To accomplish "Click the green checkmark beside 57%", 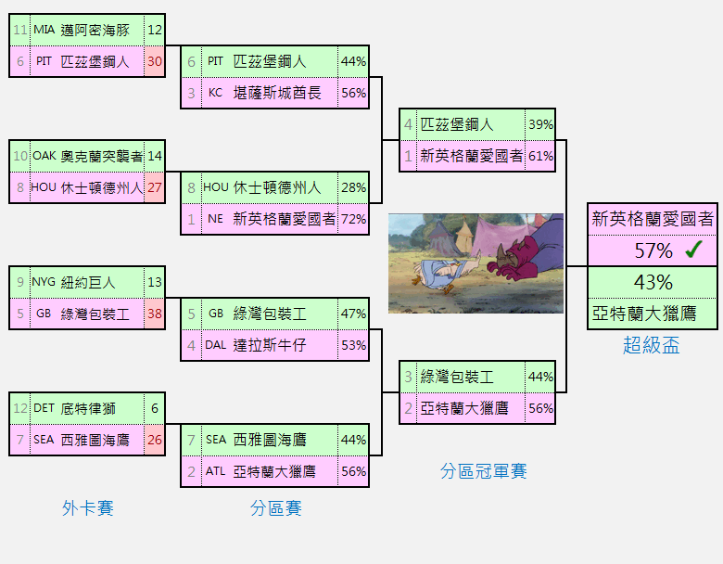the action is tap(693, 249).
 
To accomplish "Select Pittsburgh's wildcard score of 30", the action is tap(155, 61).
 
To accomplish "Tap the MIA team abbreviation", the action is tap(44, 30).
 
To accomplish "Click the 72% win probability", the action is tap(354, 219).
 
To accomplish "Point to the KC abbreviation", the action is tap(215, 93).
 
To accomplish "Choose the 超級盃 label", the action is tap(651, 345).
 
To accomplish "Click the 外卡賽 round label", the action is tap(88, 508).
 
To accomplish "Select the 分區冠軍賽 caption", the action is tap(483, 471).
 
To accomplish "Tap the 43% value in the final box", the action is tap(653, 282).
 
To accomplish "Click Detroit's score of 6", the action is tap(155, 408).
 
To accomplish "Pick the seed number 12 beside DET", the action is tap(20, 408).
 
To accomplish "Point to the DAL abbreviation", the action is tap(216, 345).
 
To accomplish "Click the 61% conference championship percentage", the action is tap(541, 156).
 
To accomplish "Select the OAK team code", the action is tap(44, 156).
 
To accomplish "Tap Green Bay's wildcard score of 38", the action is tap(155, 314).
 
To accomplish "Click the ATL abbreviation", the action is tap(215, 471).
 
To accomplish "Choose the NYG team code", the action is tap(44, 282).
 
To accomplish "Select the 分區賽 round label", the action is tap(275, 508).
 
